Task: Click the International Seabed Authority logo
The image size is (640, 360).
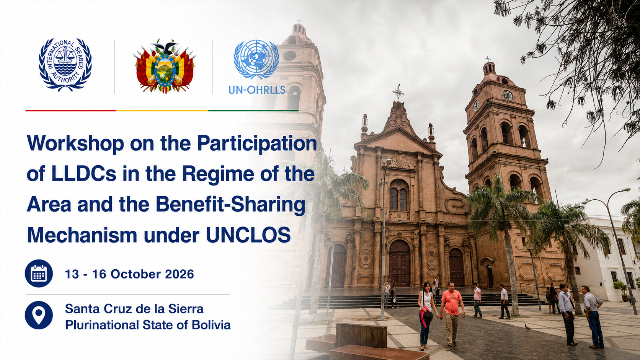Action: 65,65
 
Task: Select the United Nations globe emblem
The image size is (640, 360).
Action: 256,59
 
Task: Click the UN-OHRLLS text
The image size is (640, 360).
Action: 257,90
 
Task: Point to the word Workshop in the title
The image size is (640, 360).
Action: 75,144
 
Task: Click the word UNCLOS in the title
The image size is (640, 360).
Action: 248,235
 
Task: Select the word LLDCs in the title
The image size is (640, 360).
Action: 84,174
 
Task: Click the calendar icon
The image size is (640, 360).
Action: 39,274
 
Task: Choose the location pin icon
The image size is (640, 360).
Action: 39,315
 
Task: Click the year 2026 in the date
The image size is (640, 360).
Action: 180,274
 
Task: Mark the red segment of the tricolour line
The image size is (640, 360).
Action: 71,110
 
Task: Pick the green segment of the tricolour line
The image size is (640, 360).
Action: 253,110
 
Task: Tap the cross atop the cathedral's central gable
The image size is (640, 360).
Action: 398,93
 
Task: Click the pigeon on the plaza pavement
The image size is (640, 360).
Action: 527,327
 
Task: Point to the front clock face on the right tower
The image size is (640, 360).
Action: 508,95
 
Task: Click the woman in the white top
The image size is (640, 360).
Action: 426,316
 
